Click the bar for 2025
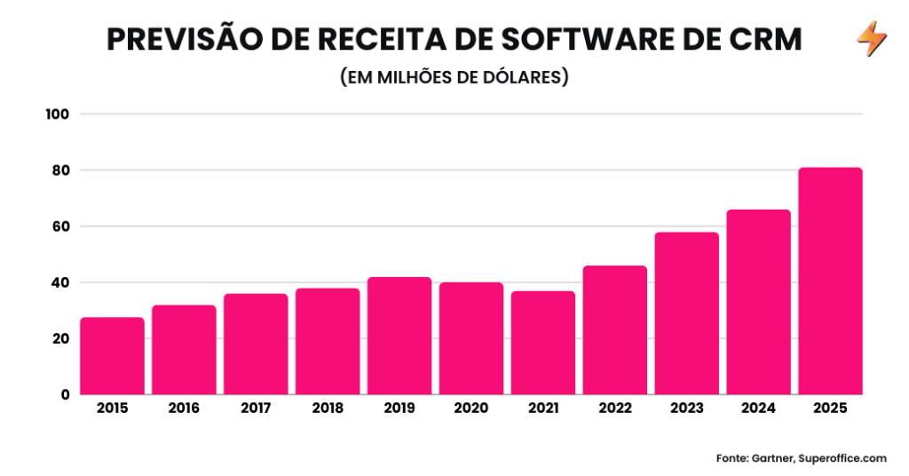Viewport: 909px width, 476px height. pyautogui.click(x=830, y=281)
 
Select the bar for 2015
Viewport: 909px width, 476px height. pyautogui.click(x=112, y=355)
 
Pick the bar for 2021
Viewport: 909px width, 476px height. pyautogui.click(x=543, y=343)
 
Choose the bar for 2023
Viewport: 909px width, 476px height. pyautogui.click(x=686, y=313)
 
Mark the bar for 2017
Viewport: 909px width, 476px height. pyautogui.click(x=256, y=344)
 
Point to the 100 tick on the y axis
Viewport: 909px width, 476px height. pyautogui.click(x=59, y=114)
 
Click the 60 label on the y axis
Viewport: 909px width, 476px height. pyautogui.click(x=60, y=226)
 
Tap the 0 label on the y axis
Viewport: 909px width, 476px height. pyautogui.click(x=65, y=394)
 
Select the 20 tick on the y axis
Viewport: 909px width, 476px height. pyautogui.click(x=60, y=338)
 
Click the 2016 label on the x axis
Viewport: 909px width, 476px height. pyautogui.click(x=184, y=409)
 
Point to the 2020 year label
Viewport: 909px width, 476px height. pyautogui.click(x=471, y=409)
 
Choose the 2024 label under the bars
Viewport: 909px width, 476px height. pyautogui.click(x=758, y=409)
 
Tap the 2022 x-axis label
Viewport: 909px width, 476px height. pyautogui.click(x=614, y=409)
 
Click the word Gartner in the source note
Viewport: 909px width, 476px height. pyautogui.click(x=769, y=458)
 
